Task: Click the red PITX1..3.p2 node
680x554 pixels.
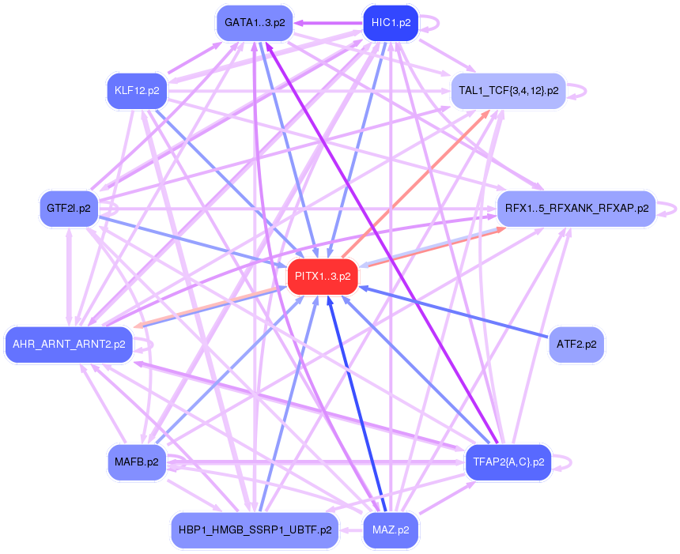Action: pyautogui.click(x=323, y=277)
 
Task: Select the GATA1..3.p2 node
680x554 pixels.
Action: pyautogui.click(x=255, y=23)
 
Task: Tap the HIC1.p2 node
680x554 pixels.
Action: pyautogui.click(x=390, y=23)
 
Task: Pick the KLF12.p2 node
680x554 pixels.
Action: pyautogui.click(x=137, y=91)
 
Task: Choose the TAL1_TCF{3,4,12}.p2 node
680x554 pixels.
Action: pyautogui.click(x=508, y=91)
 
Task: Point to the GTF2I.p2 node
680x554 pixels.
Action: pyautogui.click(x=68, y=209)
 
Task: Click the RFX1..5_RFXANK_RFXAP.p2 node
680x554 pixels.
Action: pyautogui.click(x=576, y=209)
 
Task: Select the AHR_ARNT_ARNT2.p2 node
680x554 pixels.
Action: pyautogui.click(x=68, y=345)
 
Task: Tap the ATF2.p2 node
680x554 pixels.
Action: pyautogui.click(x=576, y=345)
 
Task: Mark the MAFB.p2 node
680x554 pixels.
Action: pyautogui.click(x=137, y=462)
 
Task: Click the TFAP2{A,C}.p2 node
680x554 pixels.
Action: pyautogui.click(x=508, y=462)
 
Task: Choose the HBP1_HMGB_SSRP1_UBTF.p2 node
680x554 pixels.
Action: pyautogui.click(x=255, y=530)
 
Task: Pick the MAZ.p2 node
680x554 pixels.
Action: pyautogui.click(x=390, y=530)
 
